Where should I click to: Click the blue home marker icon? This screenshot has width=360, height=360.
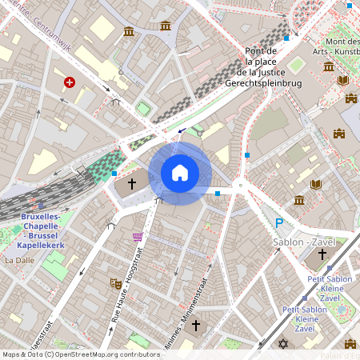[x=180, y=172]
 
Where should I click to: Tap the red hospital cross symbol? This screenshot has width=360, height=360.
[x=70, y=82]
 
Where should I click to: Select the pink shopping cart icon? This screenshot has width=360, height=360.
[x=138, y=237]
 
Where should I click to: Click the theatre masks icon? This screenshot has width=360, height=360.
[x=115, y=282]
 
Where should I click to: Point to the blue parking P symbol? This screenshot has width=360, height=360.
[x=279, y=224]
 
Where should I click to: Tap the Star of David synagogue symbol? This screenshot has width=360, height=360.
[x=282, y=344]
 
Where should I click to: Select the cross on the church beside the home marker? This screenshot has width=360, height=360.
[x=131, y=185]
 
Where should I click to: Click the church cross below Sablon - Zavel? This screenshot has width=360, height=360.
[x=322, y=254]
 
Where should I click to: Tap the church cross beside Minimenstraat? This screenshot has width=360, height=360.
[x=195, y=326]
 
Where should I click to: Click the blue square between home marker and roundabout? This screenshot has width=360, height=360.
[x=218, y=193]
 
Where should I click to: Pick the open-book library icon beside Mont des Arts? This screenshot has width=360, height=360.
[x=343, y=81]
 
